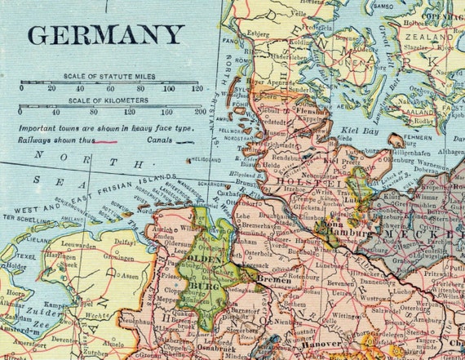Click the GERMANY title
pos(105,35)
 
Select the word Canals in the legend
pos(166,140)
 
